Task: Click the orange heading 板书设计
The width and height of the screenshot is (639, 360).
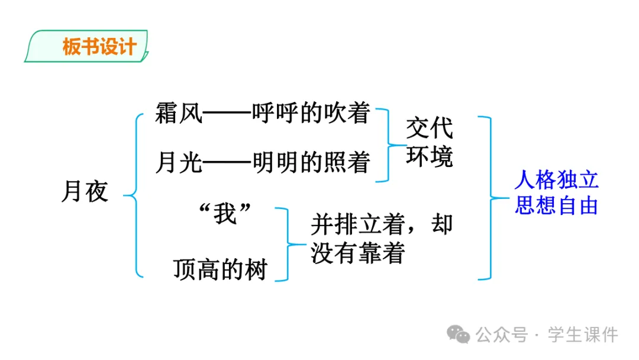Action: pos(99,47)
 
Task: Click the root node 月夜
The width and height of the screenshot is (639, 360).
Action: pos(85,192)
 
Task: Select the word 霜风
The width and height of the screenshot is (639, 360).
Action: pos(179,113)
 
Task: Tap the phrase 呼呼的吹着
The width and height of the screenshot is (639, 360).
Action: pos(311,113)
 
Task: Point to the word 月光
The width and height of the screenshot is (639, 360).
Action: pos(179,162)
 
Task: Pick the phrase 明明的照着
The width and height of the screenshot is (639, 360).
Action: pos(311,162)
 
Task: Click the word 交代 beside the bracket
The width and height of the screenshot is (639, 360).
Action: pos(430,128)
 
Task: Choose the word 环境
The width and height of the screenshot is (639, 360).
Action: pos(430,157)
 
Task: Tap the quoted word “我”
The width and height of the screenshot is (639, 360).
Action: pos(225,214)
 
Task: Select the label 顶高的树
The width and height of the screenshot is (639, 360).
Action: pos(220,269)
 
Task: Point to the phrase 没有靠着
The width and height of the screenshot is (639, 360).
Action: pos(358,253)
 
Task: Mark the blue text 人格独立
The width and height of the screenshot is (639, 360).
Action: pos(556,178)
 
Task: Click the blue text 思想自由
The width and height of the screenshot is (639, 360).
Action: pos(556,205)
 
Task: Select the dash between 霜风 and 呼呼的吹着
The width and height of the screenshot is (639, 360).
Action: pos(227,114)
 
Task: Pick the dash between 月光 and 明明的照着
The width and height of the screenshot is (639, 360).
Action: pos(227,162)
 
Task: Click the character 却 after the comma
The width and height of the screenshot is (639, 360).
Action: pos(442,225)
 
